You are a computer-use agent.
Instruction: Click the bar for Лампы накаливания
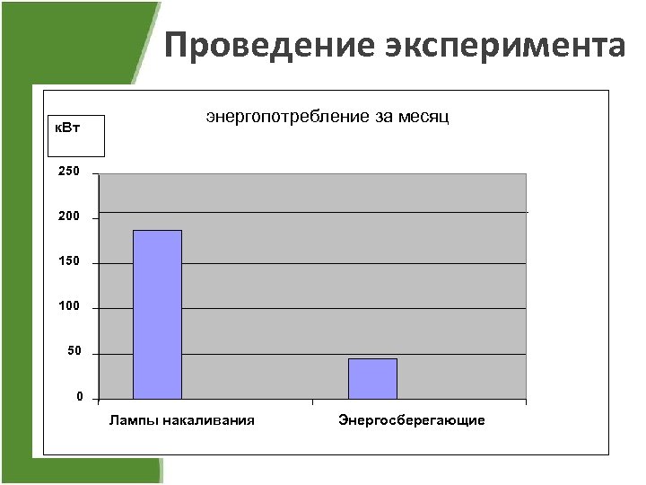point(157,314)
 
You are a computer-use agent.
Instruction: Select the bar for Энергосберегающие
point(372,378)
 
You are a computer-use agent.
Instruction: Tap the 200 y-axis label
point(70,216)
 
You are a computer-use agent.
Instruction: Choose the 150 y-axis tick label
point(70,261)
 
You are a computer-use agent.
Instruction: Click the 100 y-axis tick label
point(70,306)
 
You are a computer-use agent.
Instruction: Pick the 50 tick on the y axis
point(74,351)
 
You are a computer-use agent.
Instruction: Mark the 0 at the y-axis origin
point(80,396)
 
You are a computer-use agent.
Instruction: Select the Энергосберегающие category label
point(412,419)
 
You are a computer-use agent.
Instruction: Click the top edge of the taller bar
point(157,231)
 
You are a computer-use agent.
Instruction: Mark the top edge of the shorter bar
point(372,359)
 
